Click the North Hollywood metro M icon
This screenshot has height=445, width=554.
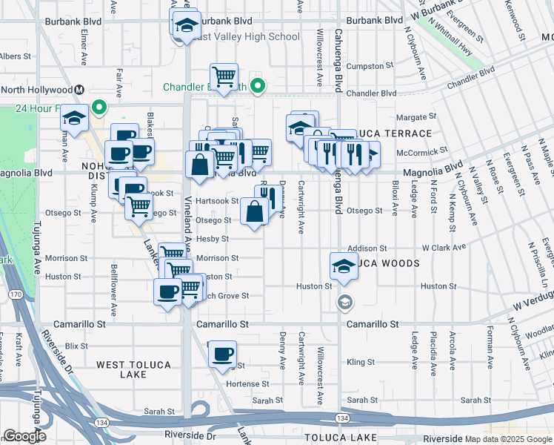(x=78, y=90)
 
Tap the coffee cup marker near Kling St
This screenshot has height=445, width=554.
(x=222, y=355)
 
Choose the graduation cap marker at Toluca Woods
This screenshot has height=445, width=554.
(x=344, y=266)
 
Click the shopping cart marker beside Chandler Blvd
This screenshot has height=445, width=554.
(x=223, y=76)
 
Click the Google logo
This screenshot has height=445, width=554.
(x=24, y=436)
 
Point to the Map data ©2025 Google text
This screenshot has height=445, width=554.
(x=508, y=439)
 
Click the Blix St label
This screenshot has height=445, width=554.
(x=76, y=346)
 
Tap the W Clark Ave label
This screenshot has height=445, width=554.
(x=444, y=247)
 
